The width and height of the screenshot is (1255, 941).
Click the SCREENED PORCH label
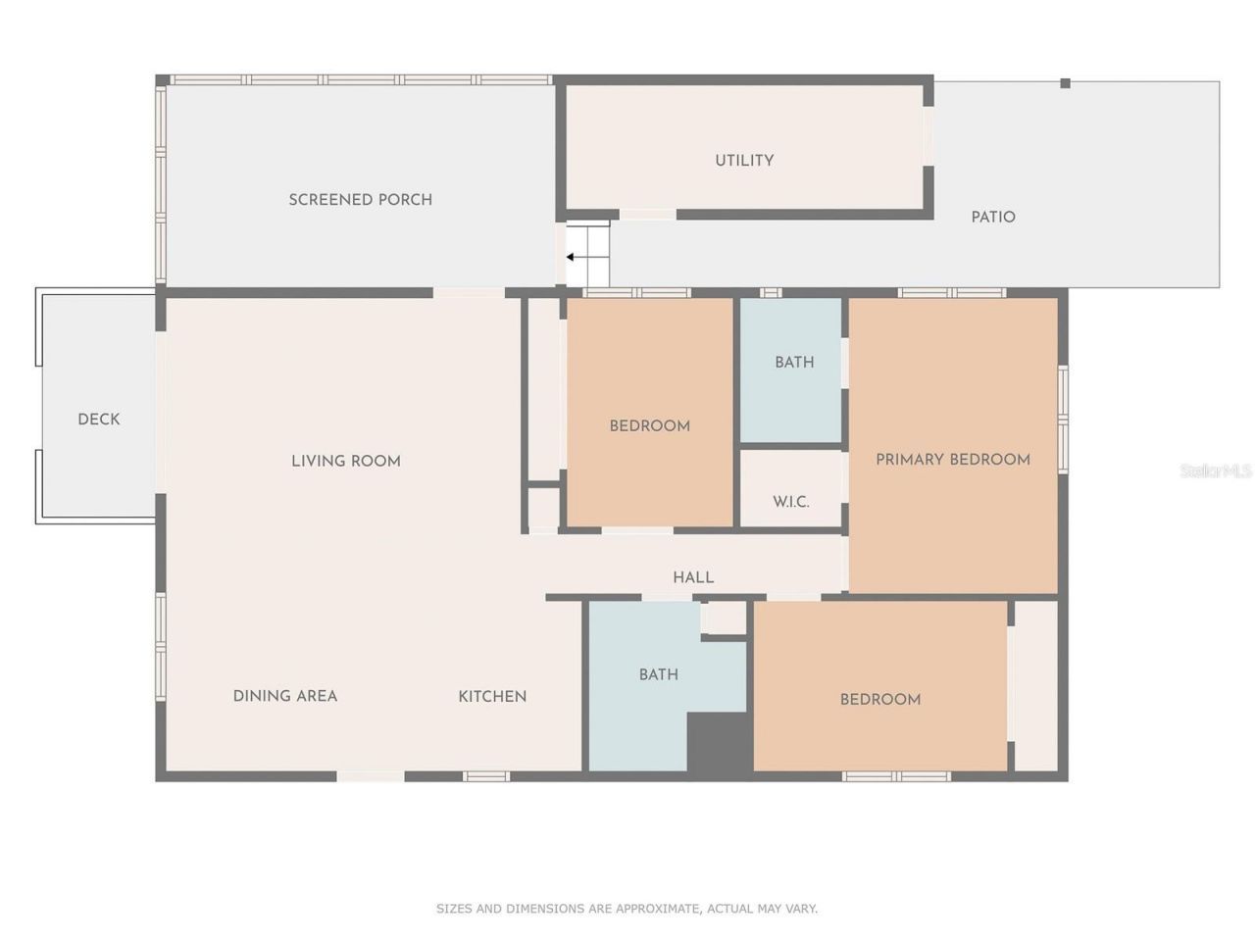[360, 200]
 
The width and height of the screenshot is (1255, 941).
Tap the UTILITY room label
[744, 161]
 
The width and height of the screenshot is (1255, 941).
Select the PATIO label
[992, 218]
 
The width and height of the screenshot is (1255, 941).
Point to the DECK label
[99, 420]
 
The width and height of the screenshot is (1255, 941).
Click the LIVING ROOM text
[345, 462]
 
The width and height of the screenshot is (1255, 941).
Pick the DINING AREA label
[284, 696]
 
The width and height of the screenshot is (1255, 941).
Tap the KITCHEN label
[492, 697]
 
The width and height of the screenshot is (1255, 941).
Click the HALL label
[692, 578]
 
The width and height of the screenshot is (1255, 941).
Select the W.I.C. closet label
[790, 503]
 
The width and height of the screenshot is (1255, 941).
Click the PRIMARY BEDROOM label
[952, 460]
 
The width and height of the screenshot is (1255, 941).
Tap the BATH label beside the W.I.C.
[793, 363]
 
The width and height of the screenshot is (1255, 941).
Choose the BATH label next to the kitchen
[658, 674]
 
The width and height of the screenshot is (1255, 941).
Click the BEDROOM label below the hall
[879, 700]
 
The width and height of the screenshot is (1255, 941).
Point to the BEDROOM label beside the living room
[649, 426]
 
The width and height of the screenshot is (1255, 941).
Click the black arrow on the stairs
[576, 258]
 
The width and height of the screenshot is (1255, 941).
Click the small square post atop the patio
[1065, 84]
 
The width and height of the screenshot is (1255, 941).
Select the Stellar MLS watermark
[1216, 471]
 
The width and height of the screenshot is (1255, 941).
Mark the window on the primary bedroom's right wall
[1063, 420]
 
